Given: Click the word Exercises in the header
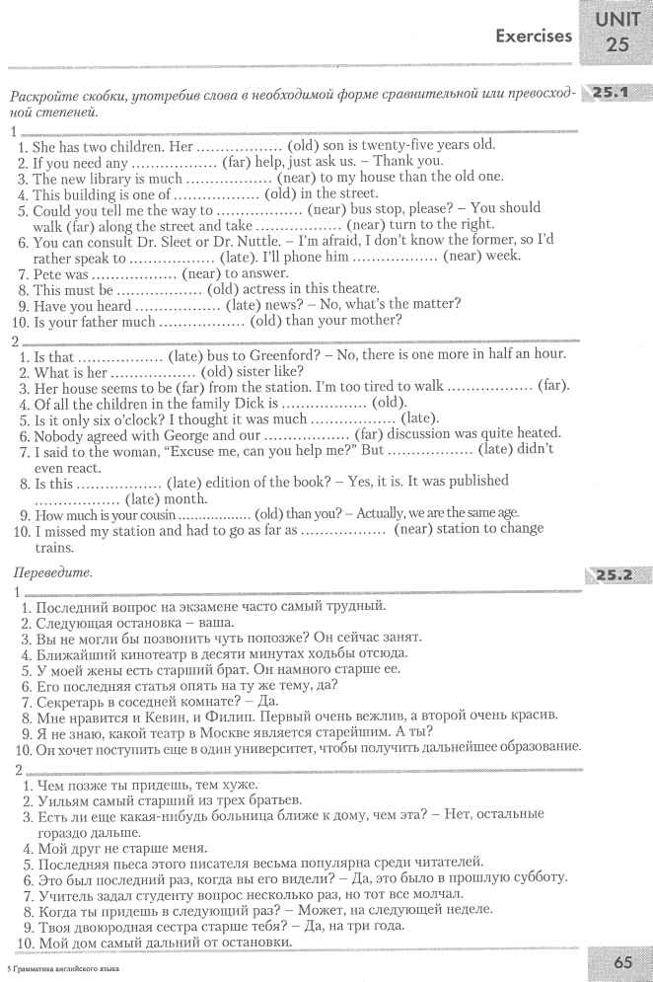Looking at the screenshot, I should tap(534, 37).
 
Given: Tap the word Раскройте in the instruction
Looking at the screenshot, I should tap(40, 94).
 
